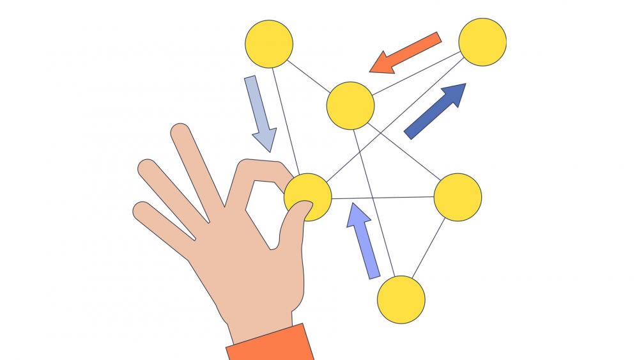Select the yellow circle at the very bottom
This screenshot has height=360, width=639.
coord(401,299)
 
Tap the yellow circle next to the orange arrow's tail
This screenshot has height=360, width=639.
coord(482,42)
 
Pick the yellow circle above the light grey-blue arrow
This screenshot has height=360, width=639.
coord(268,43)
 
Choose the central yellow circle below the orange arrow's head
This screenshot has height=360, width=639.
coord(350,106)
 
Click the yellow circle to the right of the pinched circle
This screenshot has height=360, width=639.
coord(458,197)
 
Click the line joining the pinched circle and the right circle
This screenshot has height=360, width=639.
coord(383,197)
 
